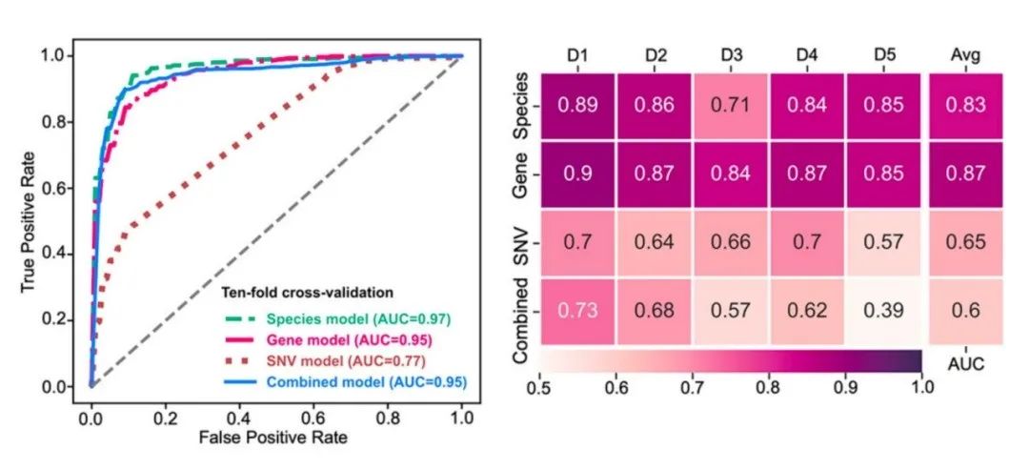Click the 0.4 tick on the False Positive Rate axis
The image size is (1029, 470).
tap(239, 417)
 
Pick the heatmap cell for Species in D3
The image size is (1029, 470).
tap(732, 105)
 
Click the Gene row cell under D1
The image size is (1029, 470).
tap(577, 174)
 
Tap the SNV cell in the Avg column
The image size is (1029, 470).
tap(966, 243)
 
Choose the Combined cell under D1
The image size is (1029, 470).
tap(577, 312)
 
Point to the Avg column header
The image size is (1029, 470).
tap(966, 55)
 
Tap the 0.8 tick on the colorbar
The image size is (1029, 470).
tap(769, 387)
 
